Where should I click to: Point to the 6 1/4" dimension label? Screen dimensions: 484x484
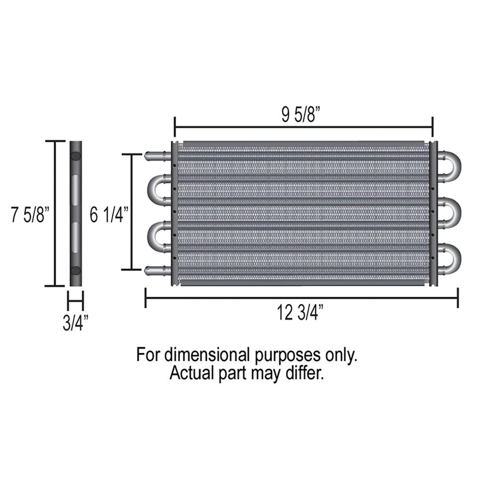tap(109, 215)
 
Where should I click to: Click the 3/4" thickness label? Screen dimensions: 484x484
tap(76, 323)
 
